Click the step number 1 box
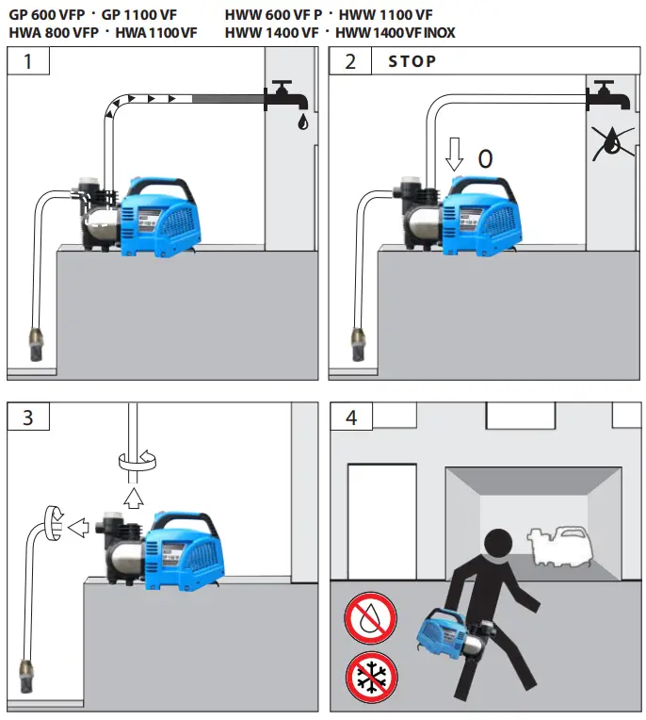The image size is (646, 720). coord(27,61)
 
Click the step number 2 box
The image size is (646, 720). coord(350,61)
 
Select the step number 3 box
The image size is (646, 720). coord(27,417)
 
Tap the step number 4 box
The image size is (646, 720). coord(350,417)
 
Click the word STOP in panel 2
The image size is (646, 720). coord(412,61)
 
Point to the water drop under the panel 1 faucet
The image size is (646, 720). coord(300,122)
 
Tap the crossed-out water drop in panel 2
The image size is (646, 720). coord(613,140)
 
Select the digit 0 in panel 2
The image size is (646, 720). coord(485,158)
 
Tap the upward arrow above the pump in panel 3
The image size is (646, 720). coord(133,496)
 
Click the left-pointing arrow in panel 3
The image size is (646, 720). coord(79,529)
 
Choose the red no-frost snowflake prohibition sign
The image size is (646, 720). coord(370,677)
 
